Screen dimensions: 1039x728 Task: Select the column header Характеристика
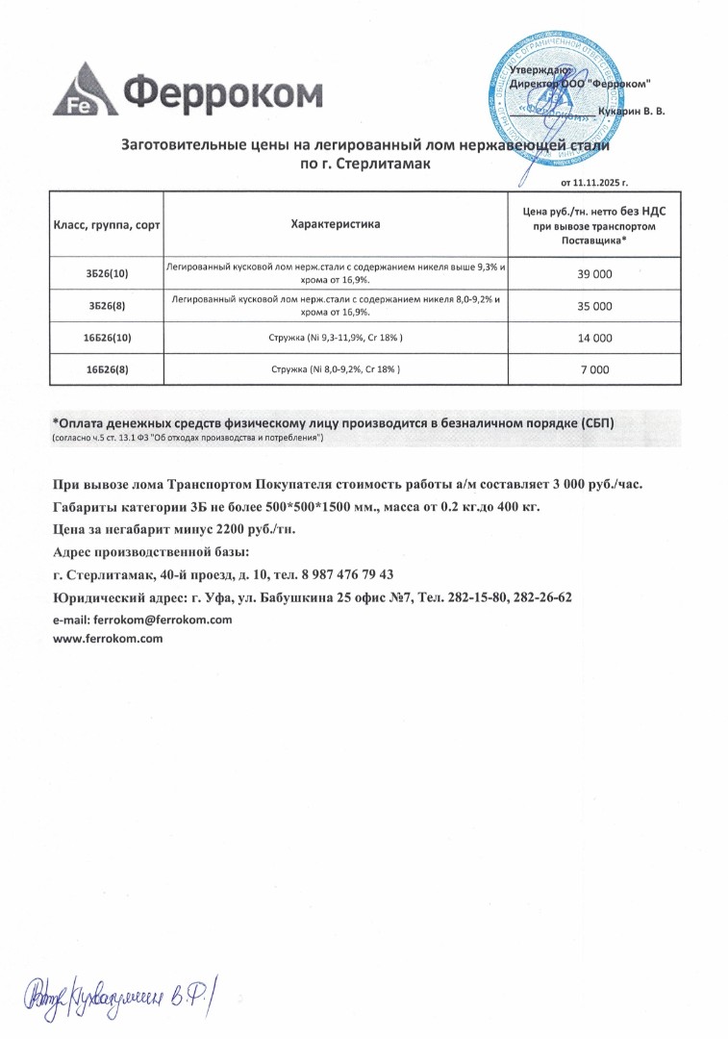coord(336,224)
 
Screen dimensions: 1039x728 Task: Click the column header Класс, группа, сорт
coord(107,224)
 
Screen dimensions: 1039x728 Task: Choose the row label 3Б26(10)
coord(107,274)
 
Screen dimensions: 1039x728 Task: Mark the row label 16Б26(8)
coord(107,369)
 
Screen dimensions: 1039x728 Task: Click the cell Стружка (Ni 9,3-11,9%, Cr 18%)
coord(336,339)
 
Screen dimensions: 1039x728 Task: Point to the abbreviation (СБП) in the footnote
coord(594,422)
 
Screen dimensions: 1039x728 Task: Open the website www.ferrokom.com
coord(107,638)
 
